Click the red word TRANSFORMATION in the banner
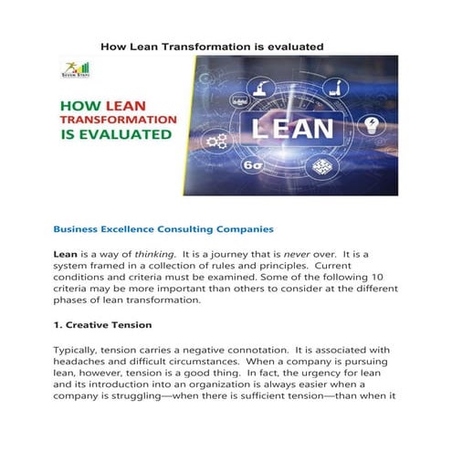tap(117, 120)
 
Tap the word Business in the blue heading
tap(80, 229)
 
